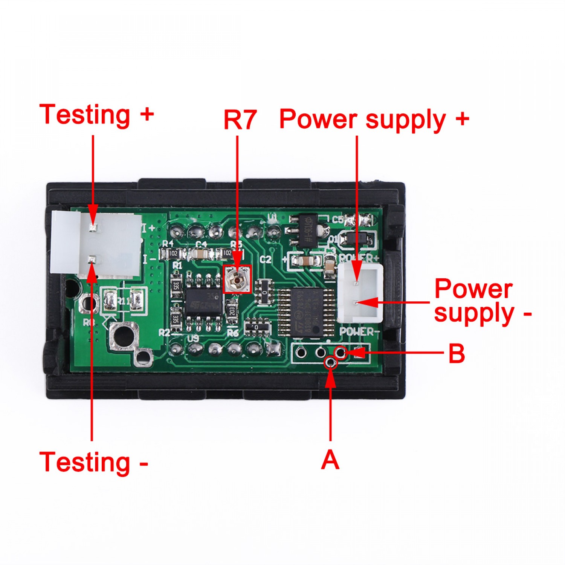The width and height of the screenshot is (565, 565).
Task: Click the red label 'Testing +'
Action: coord(96,115)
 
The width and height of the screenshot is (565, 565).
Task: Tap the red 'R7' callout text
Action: coord(240,120)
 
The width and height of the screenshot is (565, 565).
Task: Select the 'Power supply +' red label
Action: coord(374,120)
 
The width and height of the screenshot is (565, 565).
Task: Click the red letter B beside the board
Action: coord(457,354)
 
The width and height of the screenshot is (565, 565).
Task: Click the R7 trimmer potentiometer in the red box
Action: coord(237,279)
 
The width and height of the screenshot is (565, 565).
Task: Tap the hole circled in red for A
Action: coord(330,362)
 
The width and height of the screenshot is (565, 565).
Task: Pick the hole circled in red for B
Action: coord(340,353)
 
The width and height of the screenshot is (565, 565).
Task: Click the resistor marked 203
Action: coord(232,310)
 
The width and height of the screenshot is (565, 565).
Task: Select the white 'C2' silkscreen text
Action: coord(266,259)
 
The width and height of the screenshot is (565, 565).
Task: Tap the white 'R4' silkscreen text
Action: coord(168,243)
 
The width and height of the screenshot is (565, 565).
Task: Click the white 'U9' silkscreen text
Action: coord(193,338)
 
